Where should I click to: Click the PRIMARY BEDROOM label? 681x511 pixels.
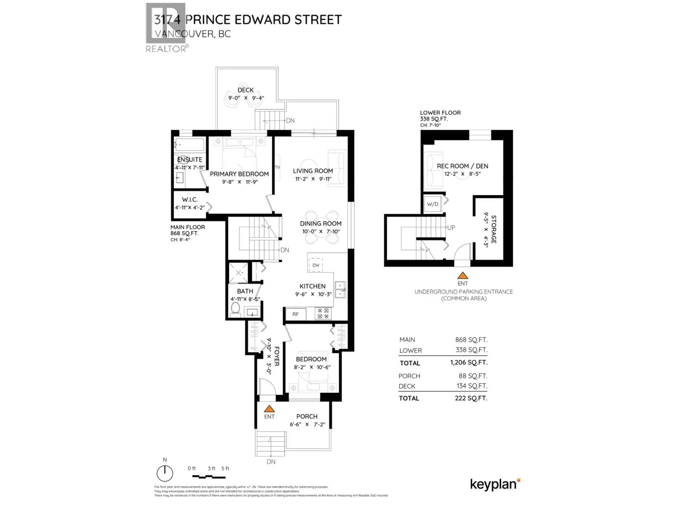pyautogui.click(x=239, y=174)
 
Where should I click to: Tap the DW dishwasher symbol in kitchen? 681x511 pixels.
pyautogui.click(x=315, y=265)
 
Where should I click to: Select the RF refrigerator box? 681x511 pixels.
pyautogui.click(x=295, y=314)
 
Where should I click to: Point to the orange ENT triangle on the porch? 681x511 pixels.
pyautogui.click(x=269, y=409)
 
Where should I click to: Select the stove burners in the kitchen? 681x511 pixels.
pyautogui.click(x=323, y=314)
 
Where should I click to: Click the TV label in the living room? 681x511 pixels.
pyautogui.click(x=277, y=167)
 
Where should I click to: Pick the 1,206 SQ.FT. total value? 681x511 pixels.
pyautogui.click(x=469, y=362)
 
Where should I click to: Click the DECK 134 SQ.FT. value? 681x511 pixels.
pyautogui.click(x=472, y=386)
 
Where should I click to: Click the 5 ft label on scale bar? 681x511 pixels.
pyautogui.click(x=225, y=468)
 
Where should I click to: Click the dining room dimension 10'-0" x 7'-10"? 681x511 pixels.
pyautogui.click(x=320, y=232)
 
